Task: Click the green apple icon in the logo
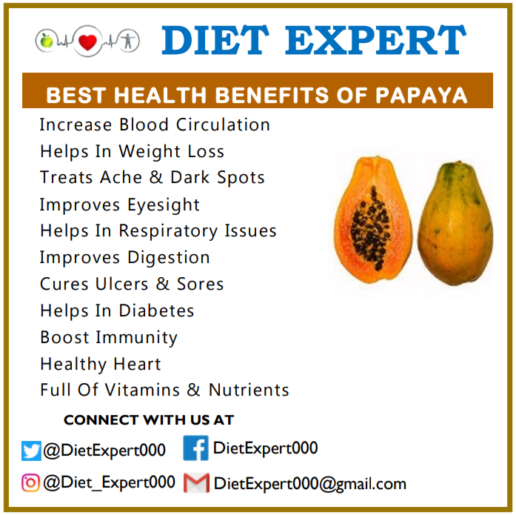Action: tap(46, 41)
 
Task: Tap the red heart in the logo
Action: tap(88, 42)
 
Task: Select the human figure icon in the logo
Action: tap(128, 41)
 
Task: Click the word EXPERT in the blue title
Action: tap(375, 40)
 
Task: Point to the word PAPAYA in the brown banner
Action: tap(421, 96)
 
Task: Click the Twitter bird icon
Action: tap(31, 451)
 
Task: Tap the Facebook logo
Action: tap(195, 448)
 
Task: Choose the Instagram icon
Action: tap(30, 482)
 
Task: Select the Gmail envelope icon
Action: tap(196, 483)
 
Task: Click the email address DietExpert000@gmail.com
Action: tap(310, 484)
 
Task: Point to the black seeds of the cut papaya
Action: tap(370, 228)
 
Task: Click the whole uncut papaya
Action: tap(455, 223)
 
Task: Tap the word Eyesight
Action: tap(164, 205)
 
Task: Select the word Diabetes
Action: tap(156, 310)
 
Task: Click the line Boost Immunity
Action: tap(109, 338)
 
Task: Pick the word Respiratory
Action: tap(168, 231)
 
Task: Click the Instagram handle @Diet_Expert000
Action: tap(109, 482)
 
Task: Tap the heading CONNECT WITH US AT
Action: tap(149, 420)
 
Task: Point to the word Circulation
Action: tap(223, 124)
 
